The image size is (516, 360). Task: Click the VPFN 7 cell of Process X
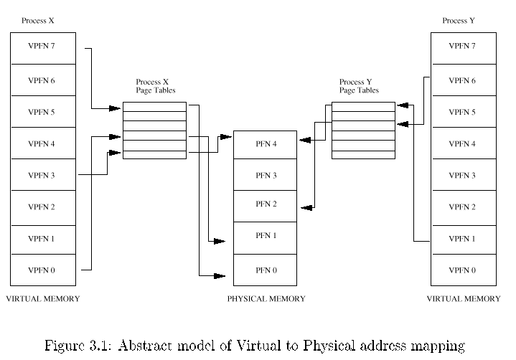(x=43, y=48)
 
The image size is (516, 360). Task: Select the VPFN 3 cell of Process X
(x=43, y=174)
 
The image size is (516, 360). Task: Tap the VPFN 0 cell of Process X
(x=43, y=270)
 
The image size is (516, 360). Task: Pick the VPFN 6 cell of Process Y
(x=464, y=80)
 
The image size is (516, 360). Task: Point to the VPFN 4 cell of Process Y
(x=464, y=143)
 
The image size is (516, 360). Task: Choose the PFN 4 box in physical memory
(x=266, y=145)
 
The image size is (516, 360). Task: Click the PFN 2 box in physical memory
(x=266, y=206)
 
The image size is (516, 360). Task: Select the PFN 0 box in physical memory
(x=266, y=270)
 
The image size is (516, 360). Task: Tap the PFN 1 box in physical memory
(x=266, y=238)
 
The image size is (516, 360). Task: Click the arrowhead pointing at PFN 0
(x=220, y=276)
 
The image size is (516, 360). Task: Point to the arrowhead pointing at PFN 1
(x=220, y=242)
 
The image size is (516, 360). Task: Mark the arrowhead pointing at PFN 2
(x=306, y=207)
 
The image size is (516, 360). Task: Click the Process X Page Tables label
(x=155, y=86)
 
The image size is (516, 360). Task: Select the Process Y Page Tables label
(x=359, y=86)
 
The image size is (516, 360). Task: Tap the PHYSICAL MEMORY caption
(x=266, y=298)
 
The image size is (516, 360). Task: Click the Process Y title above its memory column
(x=459, y=21)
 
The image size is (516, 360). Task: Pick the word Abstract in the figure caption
(x=145, y=346)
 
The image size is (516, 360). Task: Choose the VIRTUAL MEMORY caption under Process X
(x=43, y=298)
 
